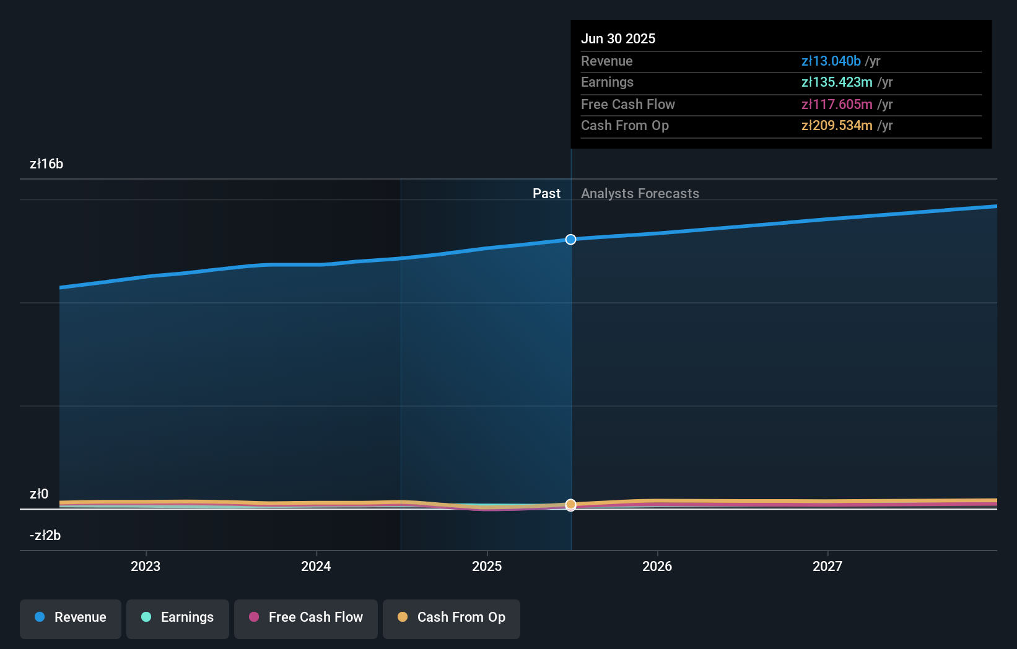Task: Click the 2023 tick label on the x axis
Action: click(146, 566)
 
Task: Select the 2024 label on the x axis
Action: click(316, 566)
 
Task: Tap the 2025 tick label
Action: click(487, 566)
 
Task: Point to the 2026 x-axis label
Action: click(657, 566)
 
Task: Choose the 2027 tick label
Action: click(827, 566)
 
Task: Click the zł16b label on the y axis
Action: click(46, 164)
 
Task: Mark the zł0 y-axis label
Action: click(39, 494)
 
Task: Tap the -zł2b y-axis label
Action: click(45, 535)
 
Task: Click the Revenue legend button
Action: click(71, 617)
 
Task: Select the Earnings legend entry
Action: click(178, 617)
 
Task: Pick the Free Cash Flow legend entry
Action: click(306, 617)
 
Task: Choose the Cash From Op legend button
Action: click(452, 617)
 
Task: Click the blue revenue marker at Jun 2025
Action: click(571, 240)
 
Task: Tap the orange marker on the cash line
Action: click(571, 505)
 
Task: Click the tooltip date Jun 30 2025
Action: click(618, 38)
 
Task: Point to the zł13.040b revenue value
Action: click(831, 61)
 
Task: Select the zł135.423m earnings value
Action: click(837, 82)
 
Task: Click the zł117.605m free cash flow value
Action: click(837, 104)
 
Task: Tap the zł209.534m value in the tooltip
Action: click(837, 126)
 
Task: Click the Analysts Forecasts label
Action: click(640, 193)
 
